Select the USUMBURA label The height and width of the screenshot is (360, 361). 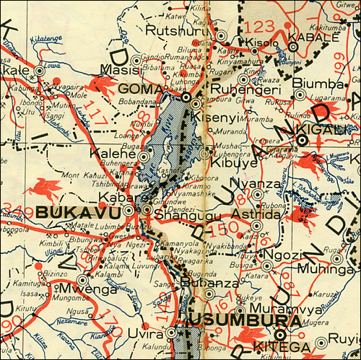point(227,320)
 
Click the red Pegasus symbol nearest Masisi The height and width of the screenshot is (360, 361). point(100,85)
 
